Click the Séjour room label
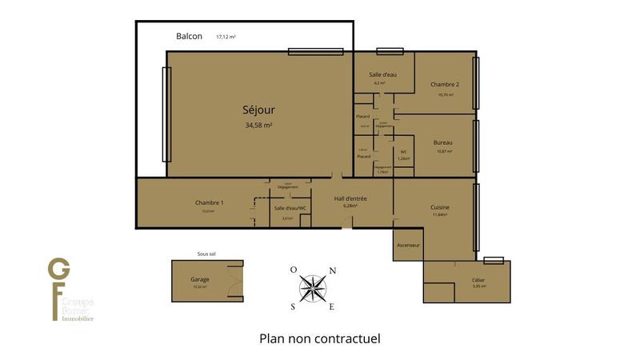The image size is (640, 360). click(259, 110)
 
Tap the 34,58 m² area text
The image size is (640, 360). click(259, 126)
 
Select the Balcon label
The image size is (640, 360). click(189, 37)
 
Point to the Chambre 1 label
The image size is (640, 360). click(209, 202)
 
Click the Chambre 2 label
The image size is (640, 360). click(444, 85)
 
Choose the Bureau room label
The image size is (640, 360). click(444, 142)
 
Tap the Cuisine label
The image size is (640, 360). click(440, 206)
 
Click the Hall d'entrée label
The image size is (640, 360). click(350, 198)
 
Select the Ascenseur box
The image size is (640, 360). click(408, 246)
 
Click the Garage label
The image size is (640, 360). click(200, 279)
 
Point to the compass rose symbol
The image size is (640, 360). click(313, 289)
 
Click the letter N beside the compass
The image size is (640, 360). click(332, 270)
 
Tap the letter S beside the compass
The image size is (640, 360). click(293, 306)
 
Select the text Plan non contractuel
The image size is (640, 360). click(320, 338)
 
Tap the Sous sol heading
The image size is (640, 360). click(206, 254)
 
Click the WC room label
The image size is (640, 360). click(403, 151)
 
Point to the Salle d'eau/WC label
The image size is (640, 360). click(290, 208)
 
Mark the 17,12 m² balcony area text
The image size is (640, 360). click(226, 37)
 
